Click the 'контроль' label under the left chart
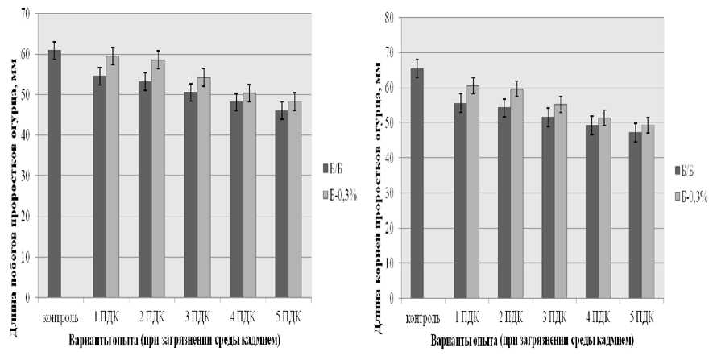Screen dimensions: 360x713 click(x=58, y=312)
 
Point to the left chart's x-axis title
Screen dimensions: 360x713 click(x=174, y=340)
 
